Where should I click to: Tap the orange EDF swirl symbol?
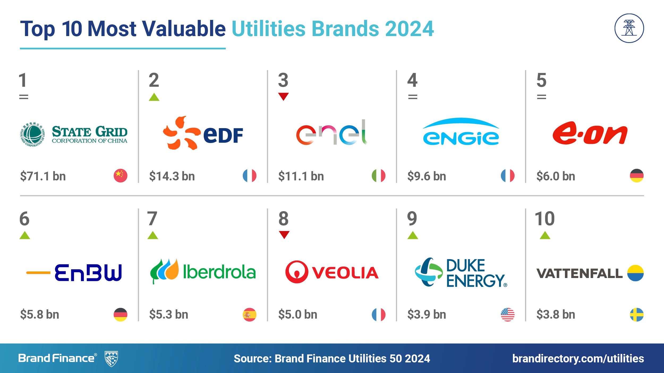(181, 133)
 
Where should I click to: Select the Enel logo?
(332, 132)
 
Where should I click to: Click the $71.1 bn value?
(43, 176)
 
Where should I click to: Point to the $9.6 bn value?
(427, 176)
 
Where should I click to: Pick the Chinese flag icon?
(121, 176)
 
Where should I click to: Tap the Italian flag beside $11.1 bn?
(378, 176)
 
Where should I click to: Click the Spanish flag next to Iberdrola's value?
(250, 315)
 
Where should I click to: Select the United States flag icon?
(508, 315)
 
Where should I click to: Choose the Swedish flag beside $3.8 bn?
(637, 315)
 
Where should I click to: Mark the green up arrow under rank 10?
(545, 235)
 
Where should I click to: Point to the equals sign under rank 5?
(542, 97)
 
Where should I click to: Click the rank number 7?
(152, 219)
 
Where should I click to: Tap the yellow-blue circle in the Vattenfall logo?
(635, 273)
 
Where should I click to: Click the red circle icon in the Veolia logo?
(297, 272)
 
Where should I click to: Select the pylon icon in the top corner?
(629, 28)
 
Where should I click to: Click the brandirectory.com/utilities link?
(578, 358)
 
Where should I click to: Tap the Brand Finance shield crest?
(111, 359)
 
